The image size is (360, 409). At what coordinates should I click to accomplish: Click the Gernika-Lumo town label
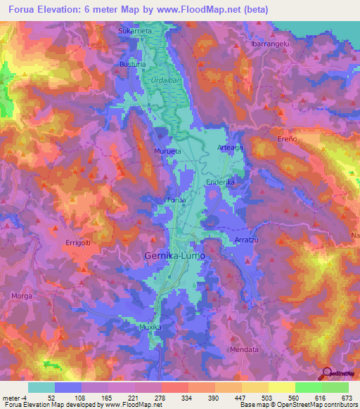coord(174,257)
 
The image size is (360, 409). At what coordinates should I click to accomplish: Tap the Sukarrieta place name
coord(134,32)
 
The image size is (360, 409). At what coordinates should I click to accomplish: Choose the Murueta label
coord(167,150)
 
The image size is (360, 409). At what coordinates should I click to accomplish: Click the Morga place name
coord(22,296)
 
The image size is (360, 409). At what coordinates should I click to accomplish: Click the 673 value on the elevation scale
coord(347,397)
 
